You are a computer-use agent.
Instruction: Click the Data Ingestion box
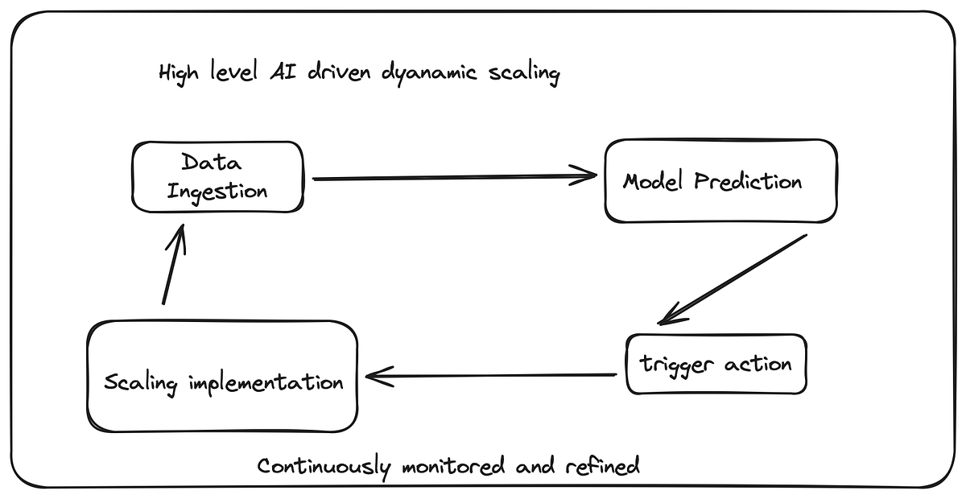tap(217, 177)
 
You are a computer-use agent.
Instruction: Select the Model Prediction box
tap(720, 181)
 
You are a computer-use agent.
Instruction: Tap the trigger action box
tap(716, 364)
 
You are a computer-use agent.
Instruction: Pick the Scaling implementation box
tap(222, 376)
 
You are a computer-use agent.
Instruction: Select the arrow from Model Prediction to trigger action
tap(733, 278)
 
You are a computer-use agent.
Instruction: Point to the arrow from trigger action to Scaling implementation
tap(491, 374)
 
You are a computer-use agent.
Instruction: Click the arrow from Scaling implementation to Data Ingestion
tap(174, 266)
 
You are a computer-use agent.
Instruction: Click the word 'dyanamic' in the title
tap(431, 74)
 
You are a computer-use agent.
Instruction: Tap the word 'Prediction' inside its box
tap(749, 181)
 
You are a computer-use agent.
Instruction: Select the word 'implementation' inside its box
tap(266, 381)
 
